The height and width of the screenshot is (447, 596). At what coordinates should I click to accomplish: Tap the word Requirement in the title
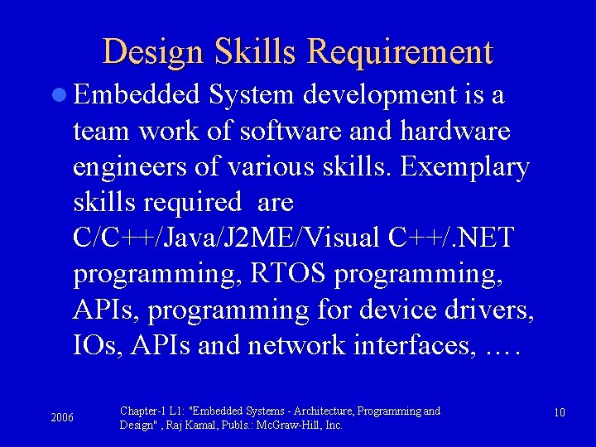point(400,52)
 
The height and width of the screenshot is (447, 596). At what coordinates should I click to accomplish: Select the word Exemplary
point(464,166)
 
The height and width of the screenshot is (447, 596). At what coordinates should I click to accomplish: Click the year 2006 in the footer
point(62,417)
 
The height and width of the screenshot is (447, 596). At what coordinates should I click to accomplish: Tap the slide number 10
point(560,412)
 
